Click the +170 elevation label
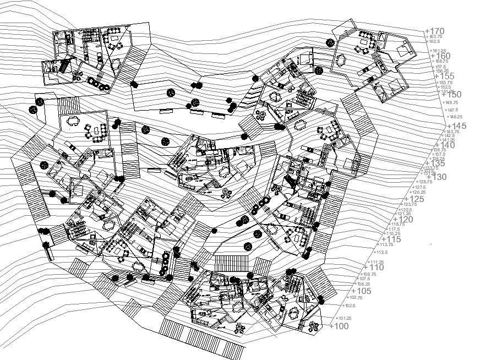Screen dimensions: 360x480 (x=434, y=31)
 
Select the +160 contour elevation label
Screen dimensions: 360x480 (x=440, y=56)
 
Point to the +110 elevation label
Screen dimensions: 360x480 (x=373, y=268)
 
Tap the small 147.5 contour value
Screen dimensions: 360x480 (x=451, y=110)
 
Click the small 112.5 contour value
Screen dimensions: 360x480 (x=380, y=252)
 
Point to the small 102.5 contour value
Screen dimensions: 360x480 (x=350, y=306)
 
